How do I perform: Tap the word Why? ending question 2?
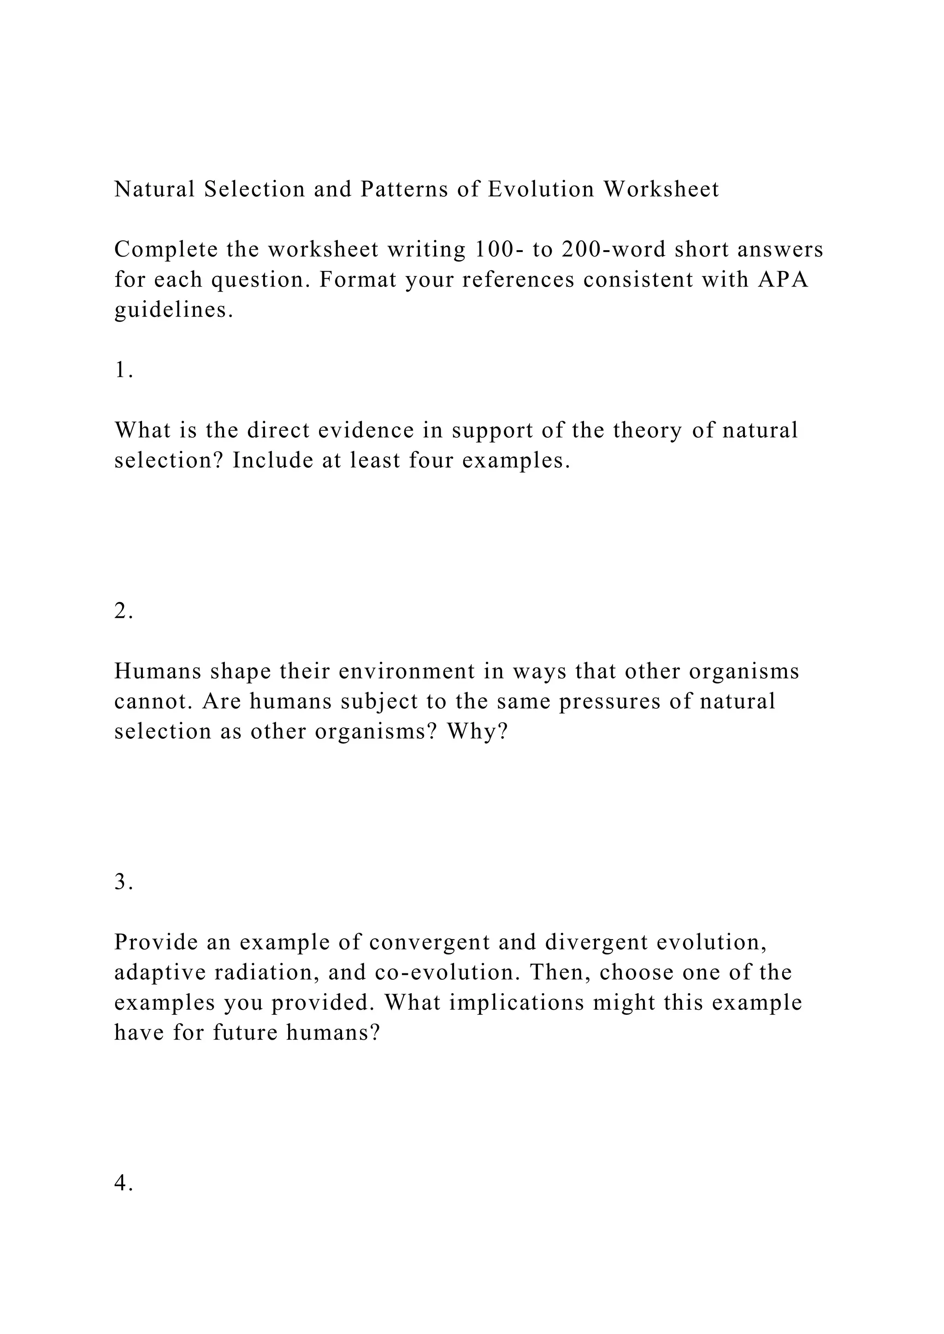pyautogui.click(x=477, y=731)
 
